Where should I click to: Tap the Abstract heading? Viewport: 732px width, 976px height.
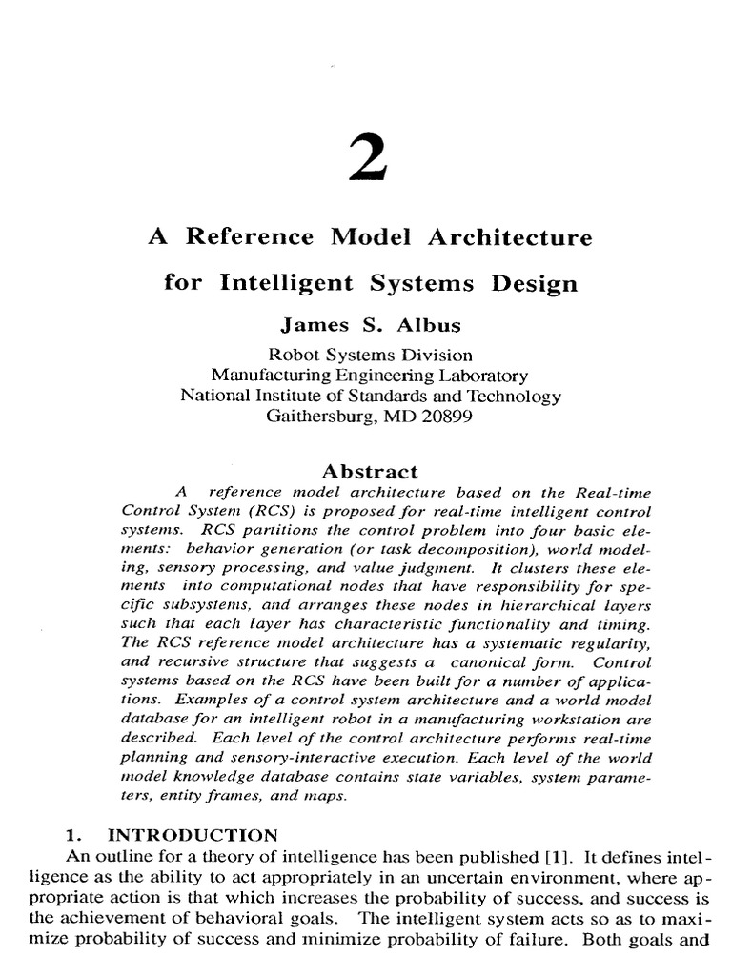click(370, 471)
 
